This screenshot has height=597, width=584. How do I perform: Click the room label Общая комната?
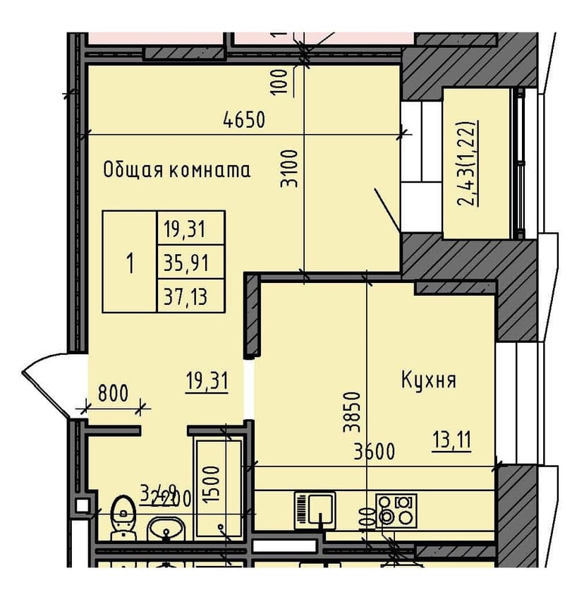176,170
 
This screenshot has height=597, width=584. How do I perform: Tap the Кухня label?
429,381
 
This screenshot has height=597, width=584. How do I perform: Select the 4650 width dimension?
244,120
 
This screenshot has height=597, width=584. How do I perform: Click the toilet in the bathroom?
123,515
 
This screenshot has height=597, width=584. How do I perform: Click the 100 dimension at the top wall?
281,80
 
